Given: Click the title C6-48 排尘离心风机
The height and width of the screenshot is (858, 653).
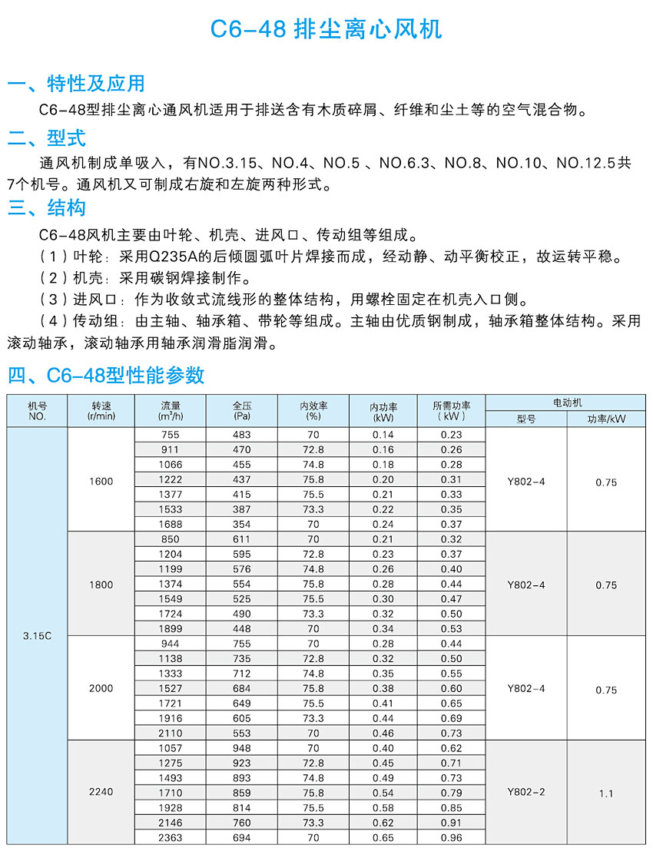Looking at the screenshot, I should [326, 29].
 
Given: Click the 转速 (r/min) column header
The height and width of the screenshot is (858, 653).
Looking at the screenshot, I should [101, 411].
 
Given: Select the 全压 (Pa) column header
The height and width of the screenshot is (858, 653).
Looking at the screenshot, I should [242, 411].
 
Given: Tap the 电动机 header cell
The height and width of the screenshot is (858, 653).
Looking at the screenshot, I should [567, 402].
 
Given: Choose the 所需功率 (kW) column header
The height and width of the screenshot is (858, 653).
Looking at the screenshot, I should [452, 411].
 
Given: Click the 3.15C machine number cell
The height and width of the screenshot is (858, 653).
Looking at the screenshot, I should [37, 637].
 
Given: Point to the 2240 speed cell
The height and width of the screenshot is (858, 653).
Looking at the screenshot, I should [101, 792].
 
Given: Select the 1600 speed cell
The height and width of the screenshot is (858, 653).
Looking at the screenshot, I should [101, 482].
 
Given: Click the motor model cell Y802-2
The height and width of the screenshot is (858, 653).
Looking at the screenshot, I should [526, 792].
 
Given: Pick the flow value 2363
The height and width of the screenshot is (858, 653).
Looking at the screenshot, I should [171, 837].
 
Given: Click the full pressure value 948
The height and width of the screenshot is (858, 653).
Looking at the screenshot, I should [242, 748].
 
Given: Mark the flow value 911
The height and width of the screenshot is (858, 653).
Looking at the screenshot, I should [171, 449].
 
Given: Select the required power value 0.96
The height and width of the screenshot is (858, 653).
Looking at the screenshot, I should [452, 837].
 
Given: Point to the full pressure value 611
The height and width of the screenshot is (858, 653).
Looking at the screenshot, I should [242, 539].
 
